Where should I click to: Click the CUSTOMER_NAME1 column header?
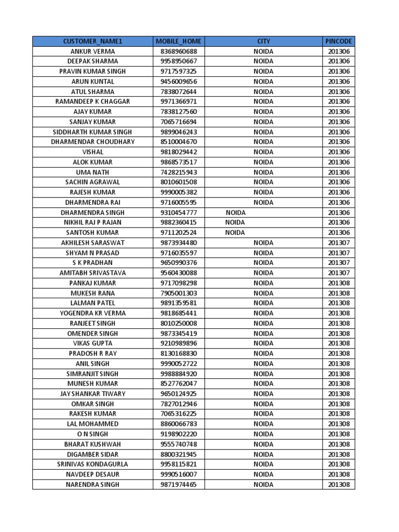tap(92, 41)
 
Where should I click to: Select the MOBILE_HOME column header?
tap(179, 41)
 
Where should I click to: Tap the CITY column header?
tap(263, 41)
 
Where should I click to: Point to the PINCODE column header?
tap(339, 41)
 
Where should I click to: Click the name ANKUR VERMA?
tap(92, 51)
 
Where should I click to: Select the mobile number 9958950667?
tap(179, 61)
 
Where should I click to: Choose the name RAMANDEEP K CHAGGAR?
tap(92, 101)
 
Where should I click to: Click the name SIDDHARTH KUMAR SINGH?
tap(92, 132)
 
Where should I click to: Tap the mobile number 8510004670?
tap(179, 142)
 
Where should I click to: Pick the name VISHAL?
tap(92, 152)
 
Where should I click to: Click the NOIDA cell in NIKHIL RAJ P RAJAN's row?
tap(235, 222)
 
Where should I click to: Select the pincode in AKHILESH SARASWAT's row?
tap(339, 243)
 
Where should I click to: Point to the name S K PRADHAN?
tap(92, 263)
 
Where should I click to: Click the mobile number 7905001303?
tap(179, 293)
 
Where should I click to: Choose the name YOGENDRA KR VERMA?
tap(92, 313)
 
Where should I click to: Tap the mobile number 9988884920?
tap(179, 374)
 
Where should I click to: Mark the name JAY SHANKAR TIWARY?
tap(92, 394)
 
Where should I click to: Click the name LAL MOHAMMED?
tap(92, 424)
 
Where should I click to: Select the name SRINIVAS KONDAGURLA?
tap(92, 464)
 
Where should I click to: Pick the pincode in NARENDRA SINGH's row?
tap(339, 484)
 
